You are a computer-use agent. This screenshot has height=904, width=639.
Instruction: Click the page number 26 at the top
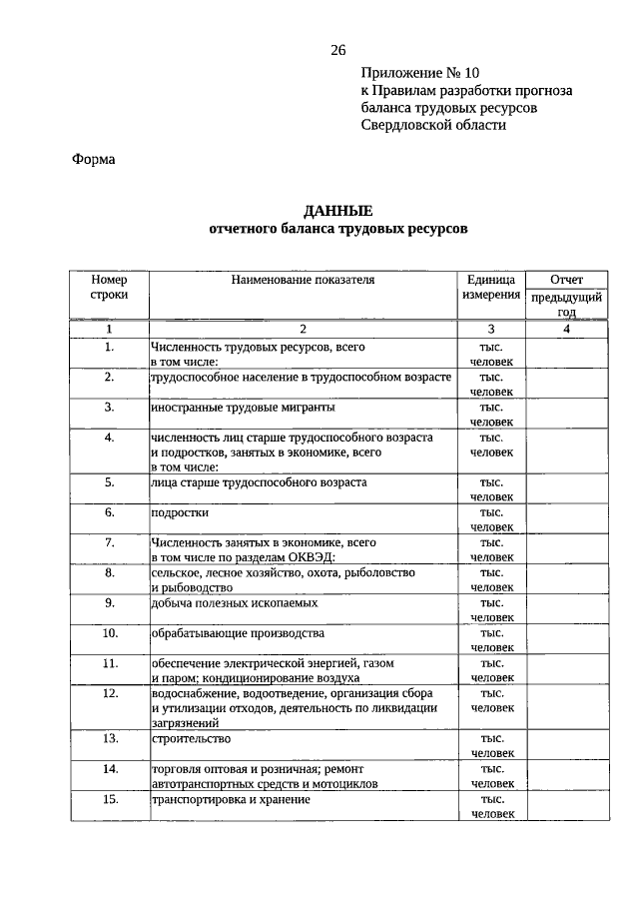(337, 51)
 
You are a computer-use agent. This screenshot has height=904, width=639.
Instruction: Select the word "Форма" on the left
(94, 159)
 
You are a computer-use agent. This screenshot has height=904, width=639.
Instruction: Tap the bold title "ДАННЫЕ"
(337, 211)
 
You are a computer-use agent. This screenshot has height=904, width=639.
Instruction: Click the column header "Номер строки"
(109, 288)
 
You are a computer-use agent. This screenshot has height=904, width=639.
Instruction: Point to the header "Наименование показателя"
(303, 280)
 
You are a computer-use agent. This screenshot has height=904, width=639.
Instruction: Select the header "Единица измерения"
(490, 288)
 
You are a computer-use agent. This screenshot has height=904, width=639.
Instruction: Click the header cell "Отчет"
(566, 280)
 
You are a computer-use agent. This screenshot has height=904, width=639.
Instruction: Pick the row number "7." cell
(110, 541)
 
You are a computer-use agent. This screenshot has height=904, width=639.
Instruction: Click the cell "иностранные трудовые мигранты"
(243, 409)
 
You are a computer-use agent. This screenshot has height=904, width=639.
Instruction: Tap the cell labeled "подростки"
(180, 512)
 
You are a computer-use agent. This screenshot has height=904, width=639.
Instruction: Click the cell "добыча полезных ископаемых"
(235, 603)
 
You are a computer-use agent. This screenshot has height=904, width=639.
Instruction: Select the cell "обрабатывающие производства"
(238, 633)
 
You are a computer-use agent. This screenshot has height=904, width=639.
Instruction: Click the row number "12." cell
(110, 693)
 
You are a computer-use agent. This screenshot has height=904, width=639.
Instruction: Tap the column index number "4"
(566, 329)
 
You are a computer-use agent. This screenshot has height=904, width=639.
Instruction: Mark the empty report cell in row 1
(566, 354)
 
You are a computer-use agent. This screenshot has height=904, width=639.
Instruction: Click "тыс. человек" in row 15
(490, 806)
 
